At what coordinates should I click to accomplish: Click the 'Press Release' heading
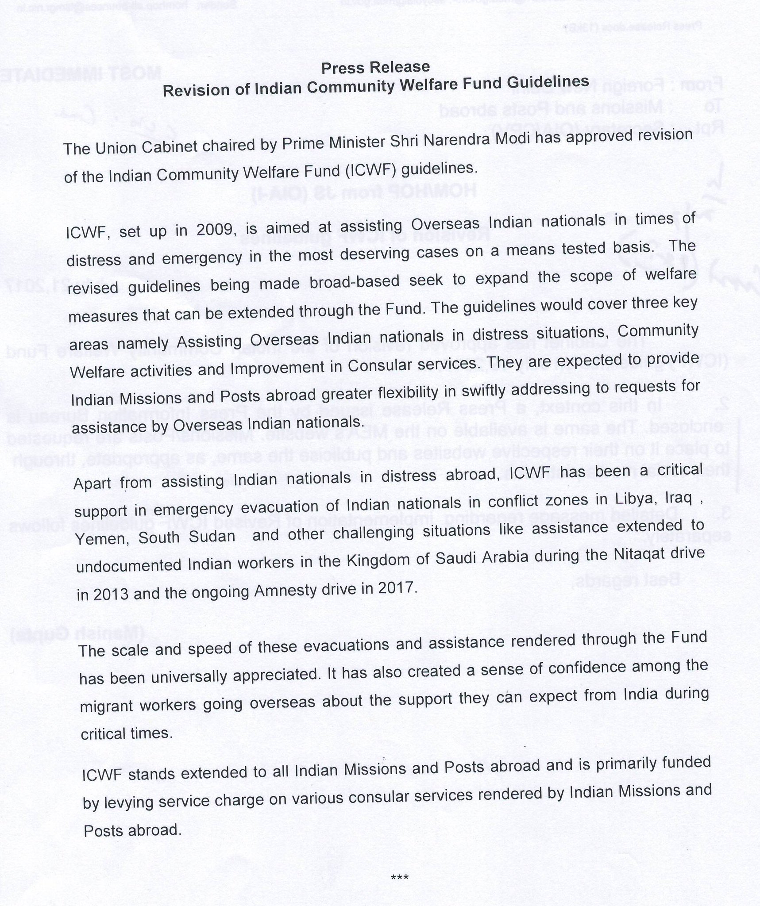pos(375,68)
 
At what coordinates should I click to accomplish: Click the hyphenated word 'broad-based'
pos(326,282)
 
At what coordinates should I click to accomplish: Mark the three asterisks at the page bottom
pos(400,864)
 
